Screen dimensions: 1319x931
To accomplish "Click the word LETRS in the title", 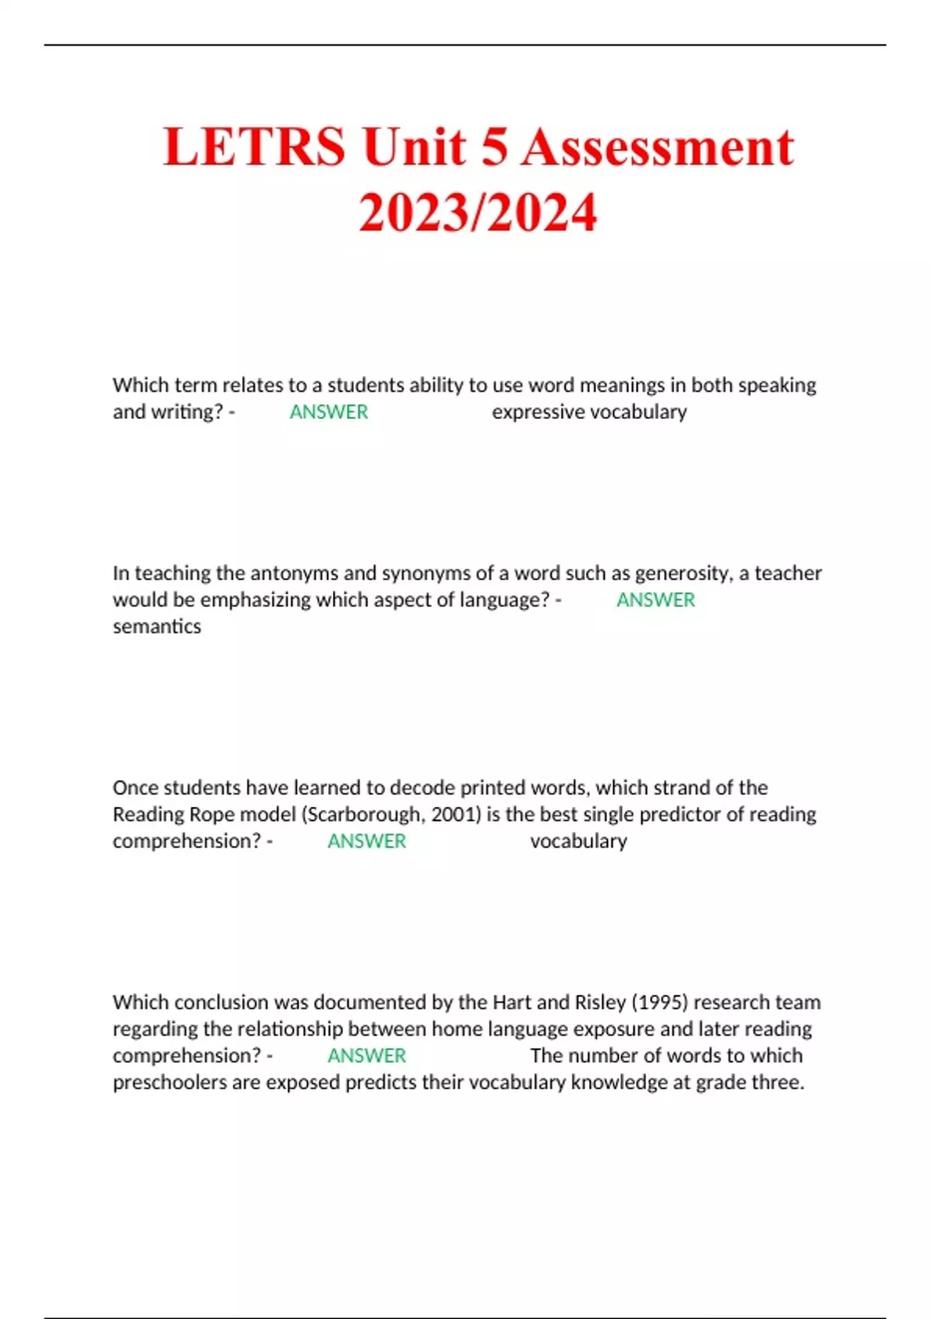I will (x=254, y=147).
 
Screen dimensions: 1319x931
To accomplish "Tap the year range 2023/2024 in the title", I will (x=478, y=213).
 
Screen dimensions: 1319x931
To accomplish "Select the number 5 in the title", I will (x=493, y=147).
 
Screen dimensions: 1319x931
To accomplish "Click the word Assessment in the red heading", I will (x=657, y=147).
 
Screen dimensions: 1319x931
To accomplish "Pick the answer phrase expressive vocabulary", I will (x=589, y=412).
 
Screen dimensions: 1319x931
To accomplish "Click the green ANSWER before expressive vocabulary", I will (x=329, y=412).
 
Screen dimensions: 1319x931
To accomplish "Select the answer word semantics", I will (x=157, y=626).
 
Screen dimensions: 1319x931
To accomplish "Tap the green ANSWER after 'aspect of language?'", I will (x=656, y=600).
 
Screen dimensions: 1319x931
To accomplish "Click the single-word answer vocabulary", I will (x=579, y=841).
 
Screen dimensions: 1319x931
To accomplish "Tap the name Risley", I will (x=600, y=1002).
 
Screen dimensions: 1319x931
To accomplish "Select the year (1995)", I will (x=660, y=1002).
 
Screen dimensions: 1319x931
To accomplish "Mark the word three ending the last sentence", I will (x=778, y=1082).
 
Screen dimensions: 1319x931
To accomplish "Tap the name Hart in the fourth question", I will (x=512, y=1002).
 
